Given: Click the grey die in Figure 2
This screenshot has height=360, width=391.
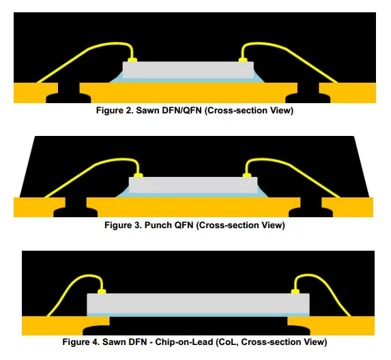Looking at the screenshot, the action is (188, 70).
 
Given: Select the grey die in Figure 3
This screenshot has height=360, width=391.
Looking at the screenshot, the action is (193, 185).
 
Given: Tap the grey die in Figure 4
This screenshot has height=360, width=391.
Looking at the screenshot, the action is (199, 303).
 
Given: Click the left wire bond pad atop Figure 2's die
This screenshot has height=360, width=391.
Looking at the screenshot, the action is (132, 60).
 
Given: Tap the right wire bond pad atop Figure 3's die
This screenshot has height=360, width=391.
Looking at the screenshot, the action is (247, 176).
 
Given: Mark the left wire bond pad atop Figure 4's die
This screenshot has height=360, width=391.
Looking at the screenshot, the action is (102, 291).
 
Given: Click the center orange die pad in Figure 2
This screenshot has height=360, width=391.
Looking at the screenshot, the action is (188, 93).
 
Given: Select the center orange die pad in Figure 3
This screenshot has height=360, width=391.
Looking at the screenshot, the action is (193, 208).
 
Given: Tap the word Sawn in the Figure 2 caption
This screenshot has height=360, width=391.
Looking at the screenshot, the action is (147, 111).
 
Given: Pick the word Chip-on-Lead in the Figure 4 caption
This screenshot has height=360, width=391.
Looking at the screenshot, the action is (184, 342).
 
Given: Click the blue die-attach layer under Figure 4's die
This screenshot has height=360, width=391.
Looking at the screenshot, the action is (199, 315).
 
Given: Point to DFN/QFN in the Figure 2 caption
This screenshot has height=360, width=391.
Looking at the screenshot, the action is (182, 111).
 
